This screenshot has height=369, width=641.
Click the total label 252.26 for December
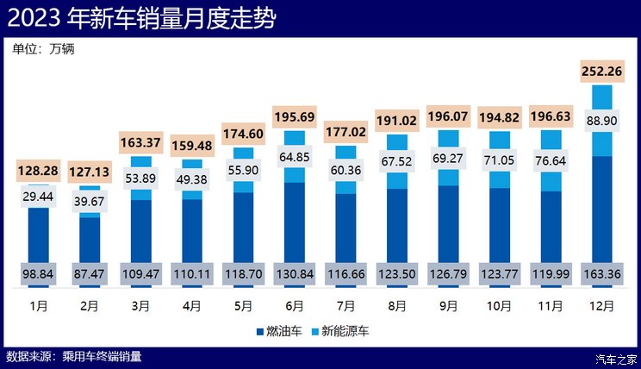602,72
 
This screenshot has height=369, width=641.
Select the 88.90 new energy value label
602,121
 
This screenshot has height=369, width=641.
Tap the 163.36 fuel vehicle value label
602,274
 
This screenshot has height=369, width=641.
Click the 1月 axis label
39,305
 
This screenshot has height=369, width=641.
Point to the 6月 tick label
294,305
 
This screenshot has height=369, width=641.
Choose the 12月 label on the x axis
602,305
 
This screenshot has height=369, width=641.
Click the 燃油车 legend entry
282,331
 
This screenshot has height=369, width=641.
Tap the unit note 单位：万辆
44,49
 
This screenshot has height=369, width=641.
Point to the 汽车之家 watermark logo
617,358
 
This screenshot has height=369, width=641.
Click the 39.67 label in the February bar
90,201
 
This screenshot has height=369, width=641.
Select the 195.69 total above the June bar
294,116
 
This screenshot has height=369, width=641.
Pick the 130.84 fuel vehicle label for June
294,274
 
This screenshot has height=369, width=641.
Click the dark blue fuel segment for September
449,224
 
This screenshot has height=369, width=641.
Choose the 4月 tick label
192,305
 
